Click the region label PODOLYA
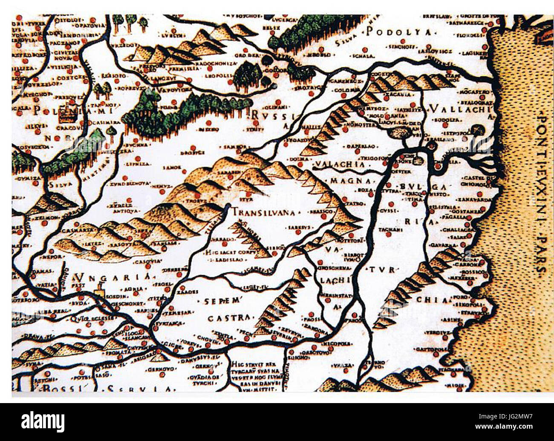pyautogui.click(x=399, y=32)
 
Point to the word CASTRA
pyautogui.click(x=228, y=318)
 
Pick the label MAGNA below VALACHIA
pyautogui.click(x=345, y=181)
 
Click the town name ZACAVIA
pyautogui.click(x=399, y=95)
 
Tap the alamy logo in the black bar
pyautogui.click(x=43, y=422)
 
